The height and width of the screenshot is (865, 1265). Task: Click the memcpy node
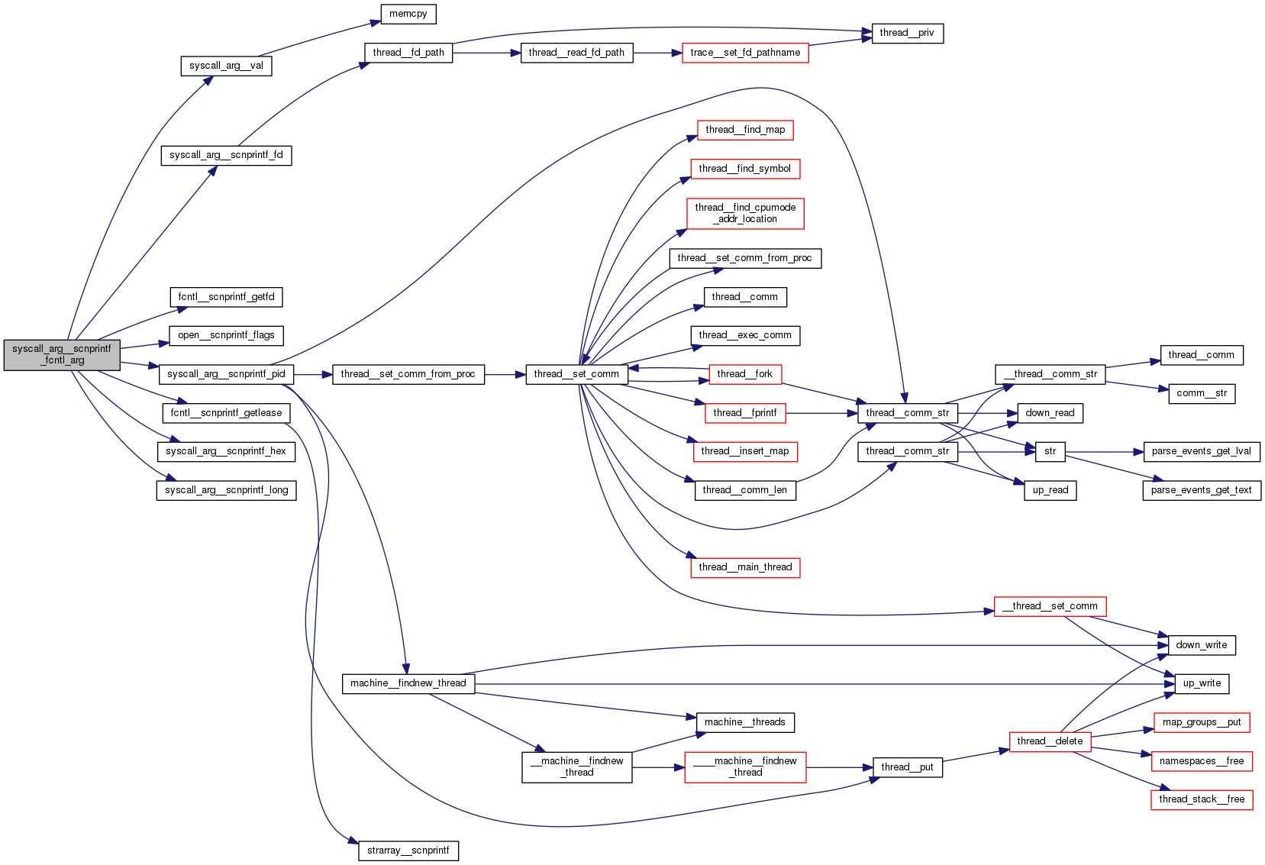pos(408,14)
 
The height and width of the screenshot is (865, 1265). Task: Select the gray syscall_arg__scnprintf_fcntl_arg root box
pos(62,355)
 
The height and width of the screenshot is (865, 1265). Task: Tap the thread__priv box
pos(907,33)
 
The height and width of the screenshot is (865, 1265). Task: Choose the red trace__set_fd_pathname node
pos(745,53)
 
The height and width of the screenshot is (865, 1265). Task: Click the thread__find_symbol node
pos(745,169)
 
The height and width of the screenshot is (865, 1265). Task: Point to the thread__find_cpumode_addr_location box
pos(745,213)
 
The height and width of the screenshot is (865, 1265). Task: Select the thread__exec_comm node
pos(745,335)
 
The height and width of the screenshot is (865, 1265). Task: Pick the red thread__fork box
pos(745,374)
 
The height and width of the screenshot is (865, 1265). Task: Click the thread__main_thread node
pos(745,567)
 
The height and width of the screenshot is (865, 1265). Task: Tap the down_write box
pos(1202,645)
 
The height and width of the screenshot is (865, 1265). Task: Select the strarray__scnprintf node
pos(408,850)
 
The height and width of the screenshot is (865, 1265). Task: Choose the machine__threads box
pos(745,722)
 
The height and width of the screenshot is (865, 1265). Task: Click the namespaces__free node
pos(1202,761)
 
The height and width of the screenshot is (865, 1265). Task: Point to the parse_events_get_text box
pos(1202,490)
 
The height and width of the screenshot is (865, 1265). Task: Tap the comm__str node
pos(1202,393)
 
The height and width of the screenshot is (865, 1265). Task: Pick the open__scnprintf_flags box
pos(226,335)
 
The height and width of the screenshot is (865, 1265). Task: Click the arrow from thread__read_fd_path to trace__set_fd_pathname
pos(657,53)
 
